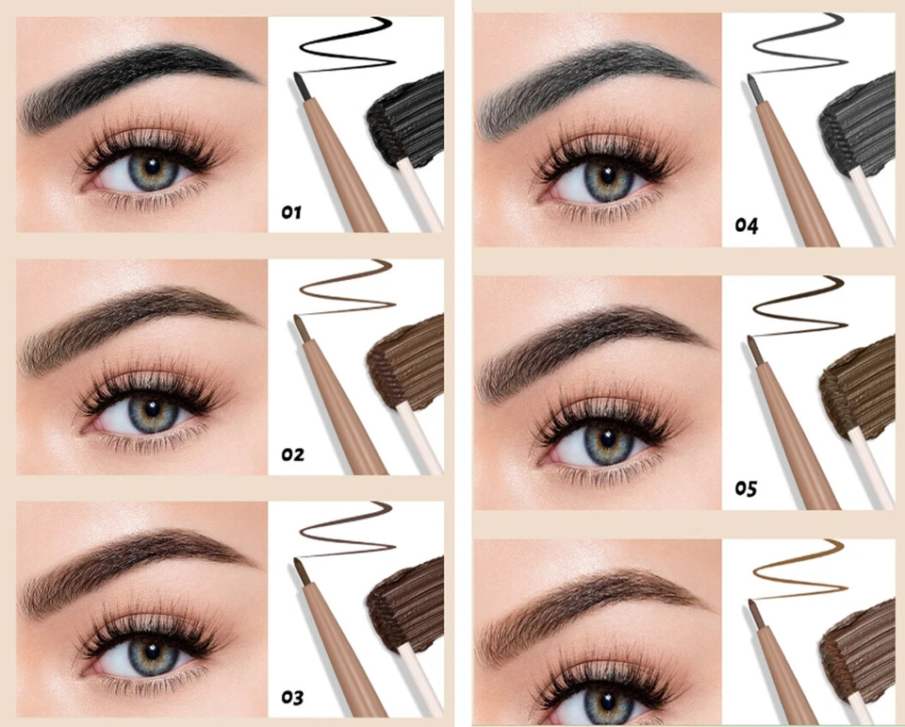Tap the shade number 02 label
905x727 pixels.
[x=292, y=454]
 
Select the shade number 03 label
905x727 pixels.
[x=291, y=698]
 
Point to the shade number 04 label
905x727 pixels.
[x=747, y=226]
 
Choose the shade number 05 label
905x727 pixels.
[x=747, y=488]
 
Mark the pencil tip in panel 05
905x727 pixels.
[x=754, y=343]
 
